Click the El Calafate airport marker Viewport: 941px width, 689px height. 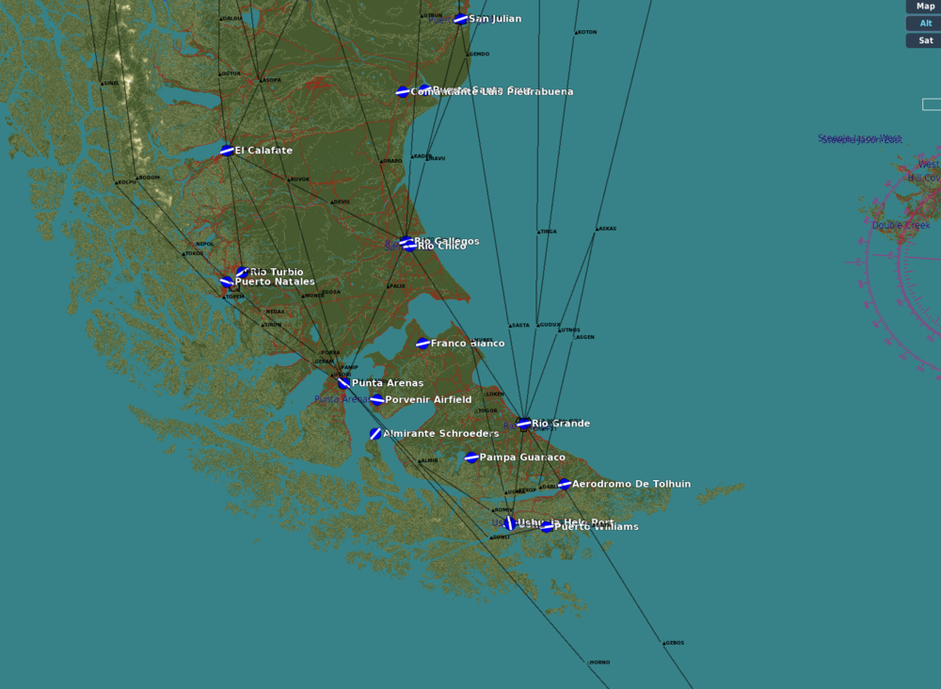[x=227, y=151]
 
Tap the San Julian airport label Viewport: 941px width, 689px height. [x=495, y=19]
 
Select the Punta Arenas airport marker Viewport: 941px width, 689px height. [x=344, y=383]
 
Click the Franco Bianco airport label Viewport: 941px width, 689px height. [x=468, y=344]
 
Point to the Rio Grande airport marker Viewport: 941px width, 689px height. [x=524, y=424]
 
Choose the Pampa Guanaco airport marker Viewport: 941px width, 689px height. [x=471, y=457]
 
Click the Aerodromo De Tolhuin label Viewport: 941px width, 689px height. [x=631, y=484]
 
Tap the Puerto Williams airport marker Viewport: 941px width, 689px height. [x=547, y=527]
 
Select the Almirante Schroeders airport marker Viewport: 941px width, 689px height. [x=375, y=434]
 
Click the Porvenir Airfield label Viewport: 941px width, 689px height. [x=428, y=400]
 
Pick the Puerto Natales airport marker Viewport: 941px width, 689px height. [x=226, y=281]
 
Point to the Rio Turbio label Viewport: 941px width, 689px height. [x=277, y=272]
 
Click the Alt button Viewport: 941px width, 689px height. [x=925, y=24]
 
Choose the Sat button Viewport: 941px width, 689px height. [x=925, y=40]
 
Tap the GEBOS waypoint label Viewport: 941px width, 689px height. [x=675, y=643]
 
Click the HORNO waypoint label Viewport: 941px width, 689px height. [x=599, y=663]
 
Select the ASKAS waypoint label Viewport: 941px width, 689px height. [x=607, y=229]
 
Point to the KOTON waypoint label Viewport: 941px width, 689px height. [x=587, y=33]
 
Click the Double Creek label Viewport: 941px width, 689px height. [x=901, y=226]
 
